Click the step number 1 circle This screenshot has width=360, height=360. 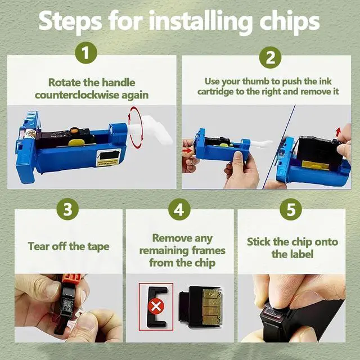click(86, 53)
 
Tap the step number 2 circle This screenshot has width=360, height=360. click(270, 57)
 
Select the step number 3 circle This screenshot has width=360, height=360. click(67, 209)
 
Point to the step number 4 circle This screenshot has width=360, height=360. click(179, 209)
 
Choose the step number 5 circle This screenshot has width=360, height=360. click(291, 209)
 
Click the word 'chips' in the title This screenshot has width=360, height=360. click(290, 22)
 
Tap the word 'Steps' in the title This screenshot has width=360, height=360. click(70, 22)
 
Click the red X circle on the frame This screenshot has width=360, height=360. click(156, 306)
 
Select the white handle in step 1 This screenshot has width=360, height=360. click(151, 129)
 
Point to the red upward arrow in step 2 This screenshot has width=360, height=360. click(338, 132)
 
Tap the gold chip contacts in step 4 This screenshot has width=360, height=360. click(211, 307)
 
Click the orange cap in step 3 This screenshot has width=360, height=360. click(71, 280)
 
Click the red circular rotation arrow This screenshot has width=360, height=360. click(135, 128)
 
